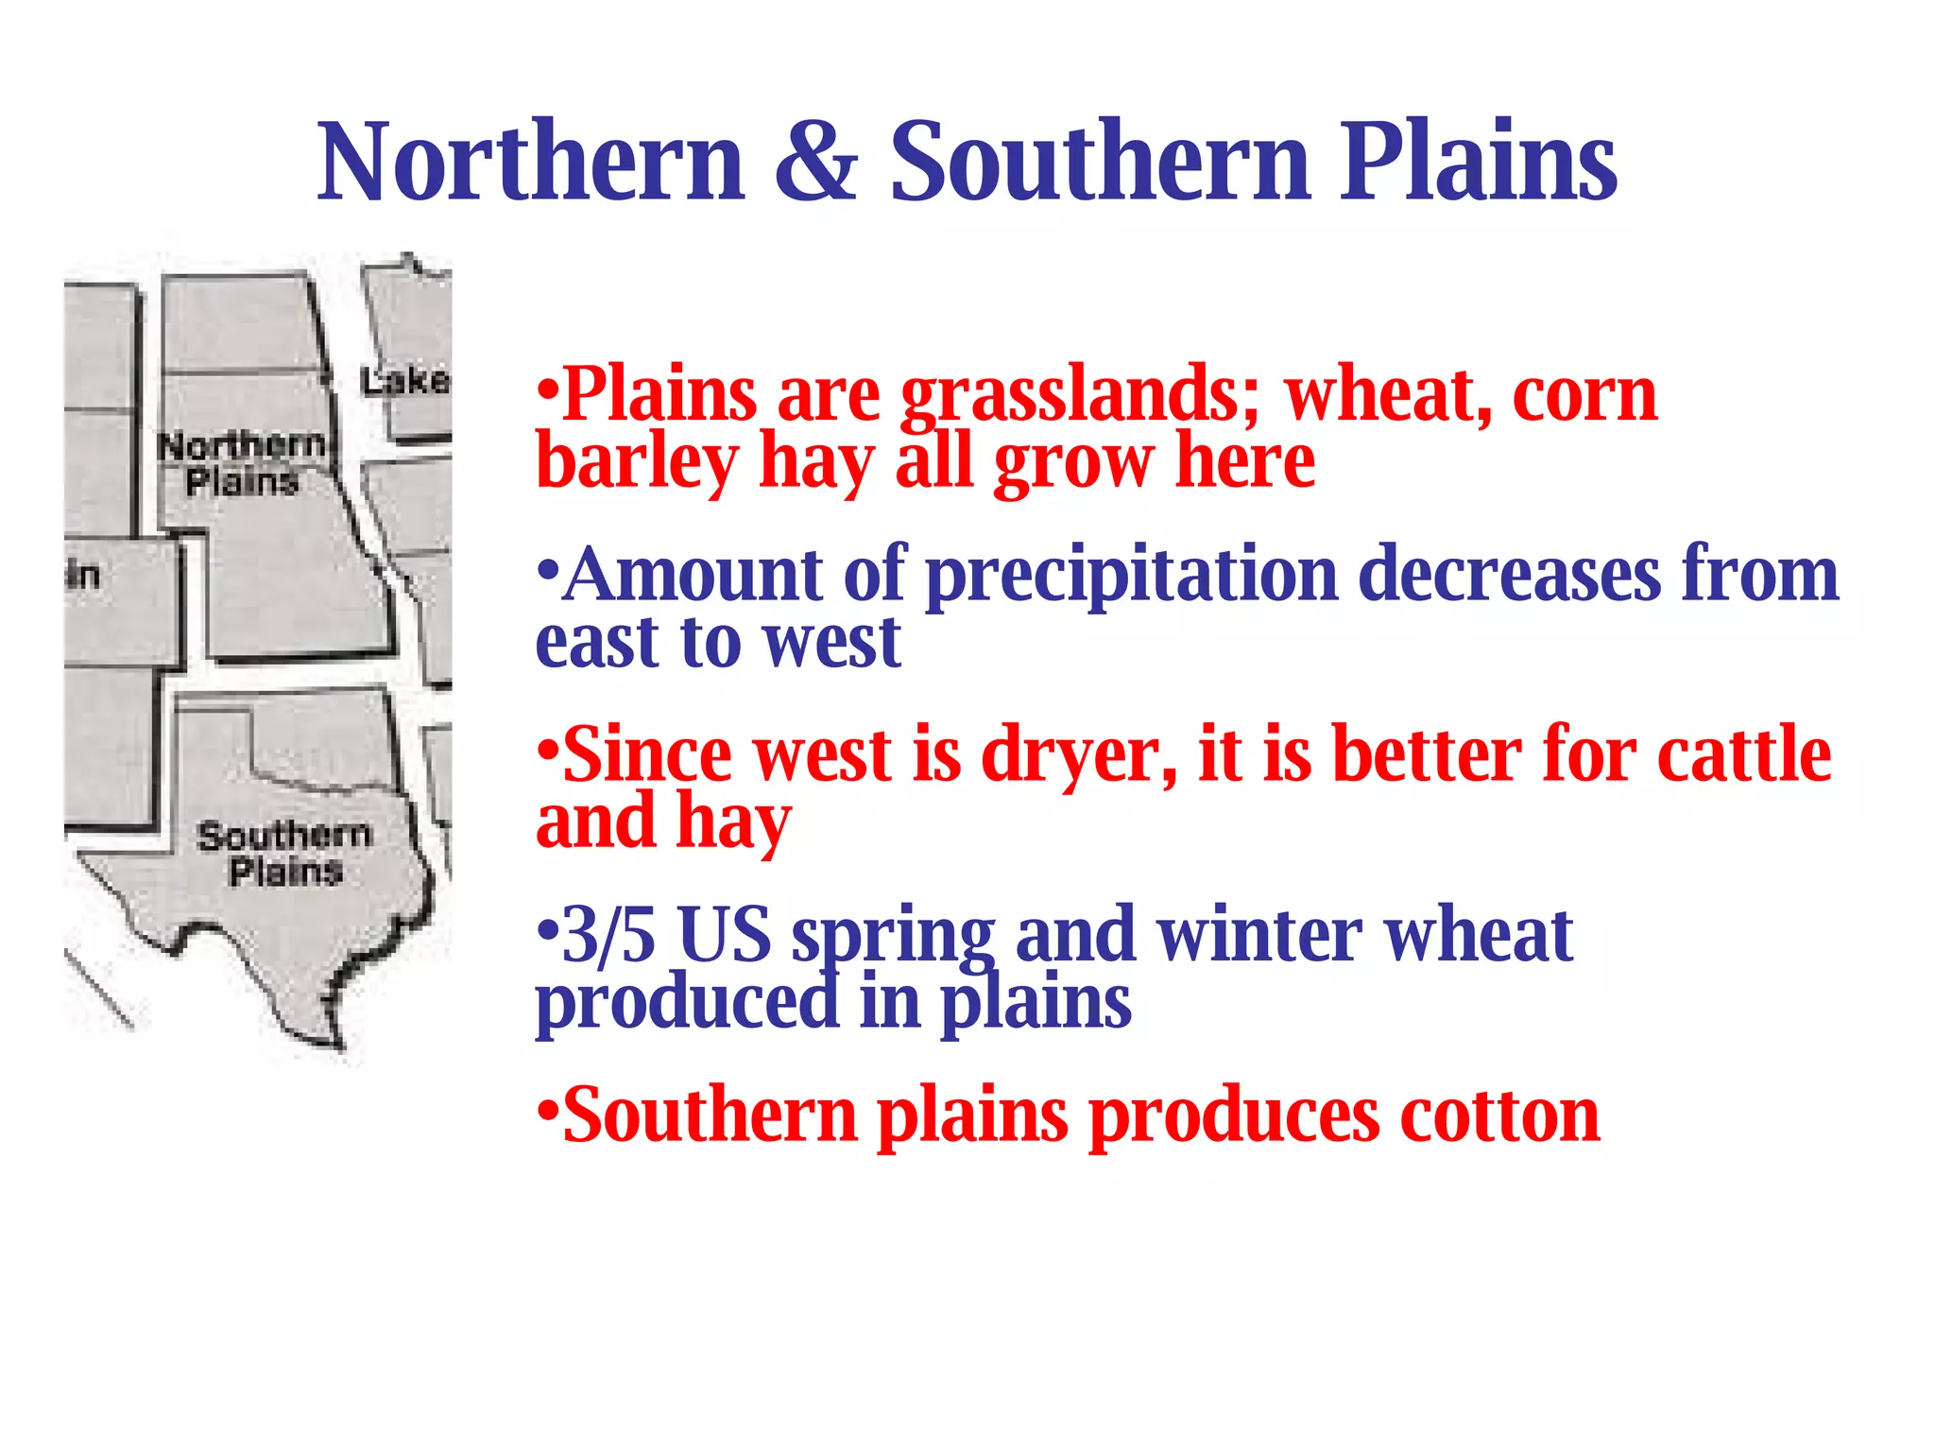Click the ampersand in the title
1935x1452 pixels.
[x=816, y=163]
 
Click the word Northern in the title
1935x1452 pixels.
[x=531, y=163]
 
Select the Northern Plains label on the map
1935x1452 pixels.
[x=242, y=463]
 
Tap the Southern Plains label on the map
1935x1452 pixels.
[x=284, y=853]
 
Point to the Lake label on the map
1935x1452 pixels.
[x=405, y=382]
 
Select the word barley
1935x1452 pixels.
[x=636, y=463]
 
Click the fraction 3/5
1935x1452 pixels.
[x=608, y=936]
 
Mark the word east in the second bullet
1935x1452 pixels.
[x=596, y=643]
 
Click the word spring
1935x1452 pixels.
[x=893, y=936]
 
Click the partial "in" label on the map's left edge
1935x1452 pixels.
[x=83, y=574]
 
